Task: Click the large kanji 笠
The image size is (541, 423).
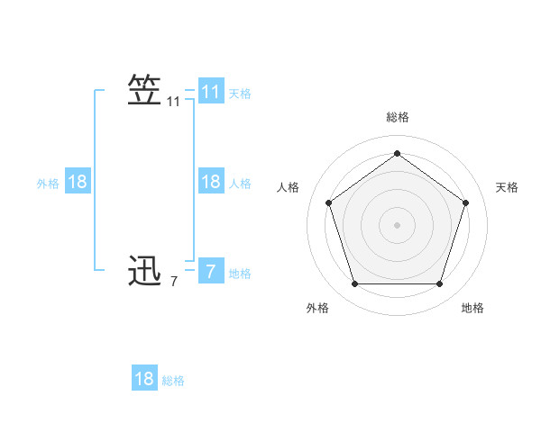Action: [145, 91]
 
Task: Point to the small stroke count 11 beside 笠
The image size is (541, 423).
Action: [174, 103]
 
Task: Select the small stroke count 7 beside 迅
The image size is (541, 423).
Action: [174, 282]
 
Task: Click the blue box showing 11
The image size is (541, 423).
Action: [211, 92]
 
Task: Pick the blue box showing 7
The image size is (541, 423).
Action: [211, 271]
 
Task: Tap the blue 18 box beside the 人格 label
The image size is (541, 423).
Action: [211, 182]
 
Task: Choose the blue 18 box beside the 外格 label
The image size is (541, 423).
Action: [78, 182]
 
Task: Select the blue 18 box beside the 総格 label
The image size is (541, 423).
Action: [144, 379]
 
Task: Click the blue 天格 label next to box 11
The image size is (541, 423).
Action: [240, 93]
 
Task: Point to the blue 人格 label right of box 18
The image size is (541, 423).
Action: [240, 184]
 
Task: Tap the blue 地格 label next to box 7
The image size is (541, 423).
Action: [240, 274]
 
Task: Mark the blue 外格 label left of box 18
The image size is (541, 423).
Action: [48, 184]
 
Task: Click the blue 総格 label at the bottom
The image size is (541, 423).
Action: [173, 381]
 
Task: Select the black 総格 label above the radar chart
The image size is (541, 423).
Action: [397, 117]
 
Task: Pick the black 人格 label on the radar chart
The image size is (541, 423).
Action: [289, 187]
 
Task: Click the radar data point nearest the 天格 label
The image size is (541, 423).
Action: [465, 202]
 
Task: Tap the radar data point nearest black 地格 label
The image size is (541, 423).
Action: [439, 283]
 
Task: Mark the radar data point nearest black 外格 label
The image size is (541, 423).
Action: [354, 283]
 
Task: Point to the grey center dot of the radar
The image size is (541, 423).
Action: [397, 224]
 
